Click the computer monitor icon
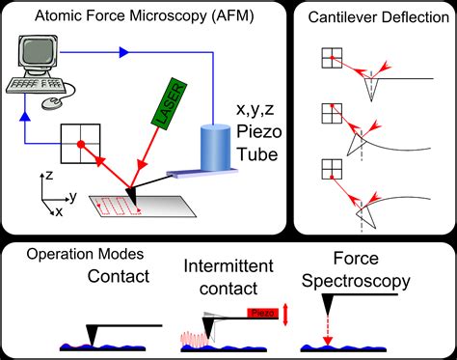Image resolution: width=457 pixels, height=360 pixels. pos(36,54)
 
